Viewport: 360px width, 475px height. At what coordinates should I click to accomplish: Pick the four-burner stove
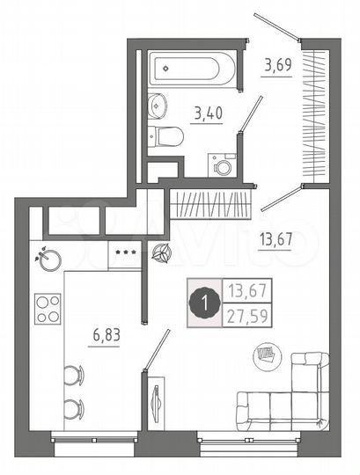point(48,309)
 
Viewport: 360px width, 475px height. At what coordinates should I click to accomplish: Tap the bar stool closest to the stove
point(73,375)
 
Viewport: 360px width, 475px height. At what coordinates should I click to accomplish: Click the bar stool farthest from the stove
point(73,407)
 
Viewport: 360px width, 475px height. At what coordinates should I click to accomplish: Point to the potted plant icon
point(159,254)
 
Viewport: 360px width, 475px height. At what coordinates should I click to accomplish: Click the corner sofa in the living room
point(290,396)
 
